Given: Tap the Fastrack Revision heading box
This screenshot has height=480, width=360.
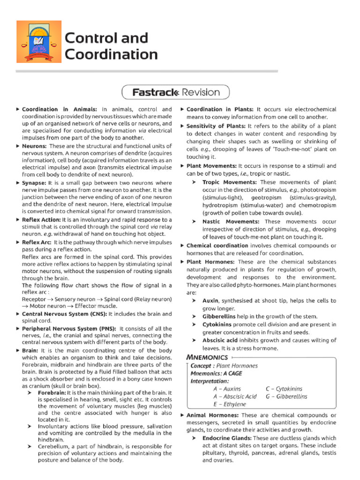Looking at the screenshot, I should point(176,92).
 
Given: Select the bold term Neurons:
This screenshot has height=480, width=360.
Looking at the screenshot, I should point(34,146).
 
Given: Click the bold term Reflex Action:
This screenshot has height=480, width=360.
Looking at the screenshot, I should point(41,219).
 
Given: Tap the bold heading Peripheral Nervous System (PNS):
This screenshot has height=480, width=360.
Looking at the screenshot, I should point(69,329).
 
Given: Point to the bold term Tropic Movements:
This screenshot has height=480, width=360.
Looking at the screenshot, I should point(229,182).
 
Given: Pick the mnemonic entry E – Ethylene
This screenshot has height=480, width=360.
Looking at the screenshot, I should point(229,404).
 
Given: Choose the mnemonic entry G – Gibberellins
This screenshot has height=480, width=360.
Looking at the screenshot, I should point(286,397).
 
